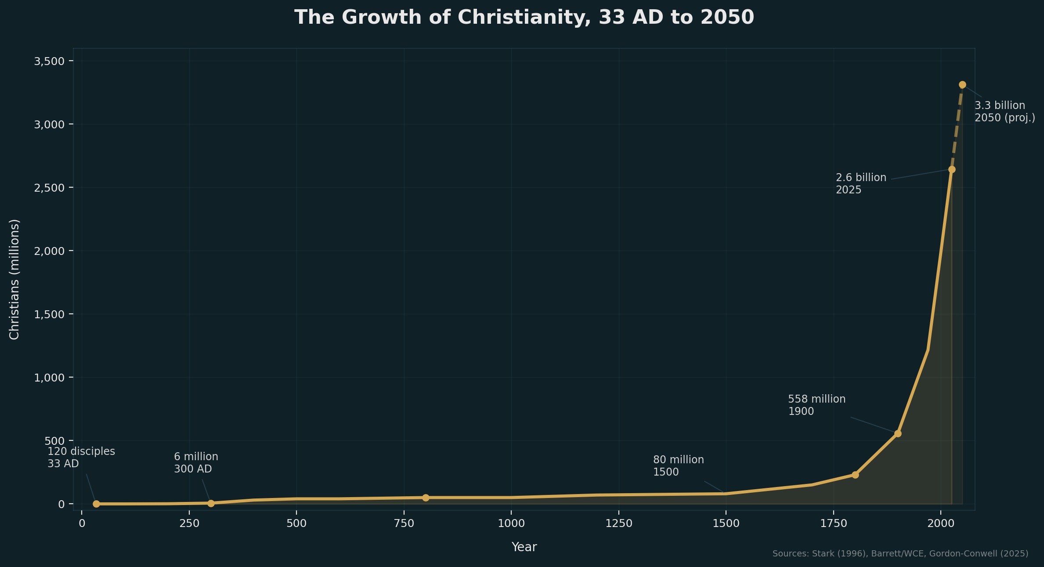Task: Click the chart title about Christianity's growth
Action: pos(524,18)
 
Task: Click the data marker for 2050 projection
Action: pos(962,85)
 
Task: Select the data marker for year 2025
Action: pos(952,170)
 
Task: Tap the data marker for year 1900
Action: pos(898,434)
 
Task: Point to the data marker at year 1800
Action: pos(855,475)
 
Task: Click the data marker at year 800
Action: pos(426,498)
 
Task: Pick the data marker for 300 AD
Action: pos(211,503)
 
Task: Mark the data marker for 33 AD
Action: pos(96,504)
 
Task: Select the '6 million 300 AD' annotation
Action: pos(196,463)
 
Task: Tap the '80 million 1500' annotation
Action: pos(678,466)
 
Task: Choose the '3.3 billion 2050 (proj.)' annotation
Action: pos(1004,112)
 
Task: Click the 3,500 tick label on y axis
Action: pos(49,61)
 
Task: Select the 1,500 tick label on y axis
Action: pos(49,314)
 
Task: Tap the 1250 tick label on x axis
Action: pos(618,523)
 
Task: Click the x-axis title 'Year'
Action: pos(524,547)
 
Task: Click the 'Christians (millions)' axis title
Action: pos(14,280)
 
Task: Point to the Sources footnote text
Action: pos(900,554)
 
